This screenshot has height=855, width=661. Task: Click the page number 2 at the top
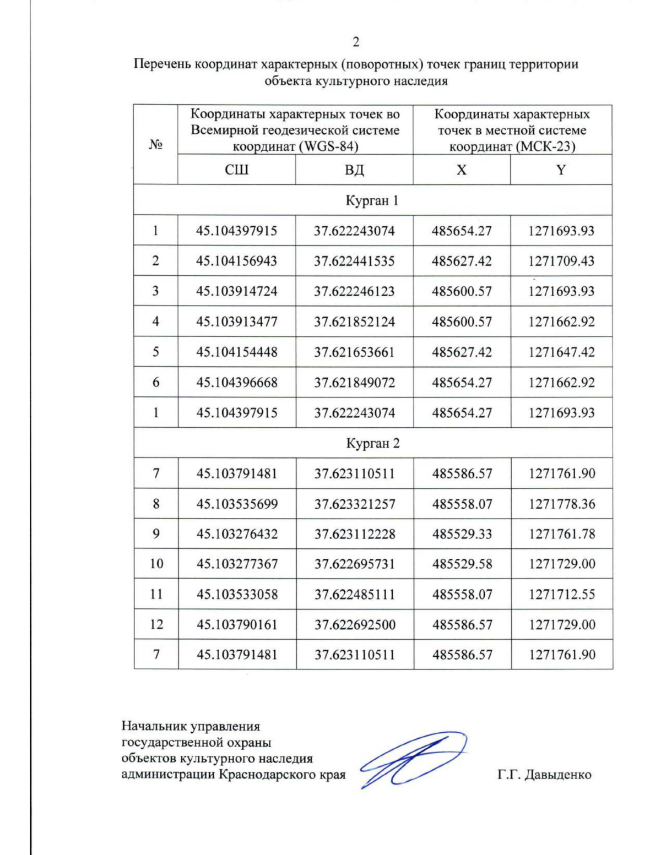tap(356, 42)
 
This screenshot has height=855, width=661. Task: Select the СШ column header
tap(237, 170)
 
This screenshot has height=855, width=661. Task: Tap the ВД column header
tap(354, 170)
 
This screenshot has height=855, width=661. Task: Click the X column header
tap(462, 170)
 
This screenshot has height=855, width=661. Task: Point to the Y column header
tap(561, 170)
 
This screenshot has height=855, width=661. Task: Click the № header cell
tap(156, 145)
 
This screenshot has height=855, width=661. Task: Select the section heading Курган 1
tap(372, 200)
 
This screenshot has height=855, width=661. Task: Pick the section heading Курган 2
tap(372, 443)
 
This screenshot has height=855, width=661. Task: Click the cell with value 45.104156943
tap(237, 261)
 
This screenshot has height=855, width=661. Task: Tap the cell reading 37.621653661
tap(354, 352)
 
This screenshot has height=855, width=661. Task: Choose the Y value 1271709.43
tap(561, 261)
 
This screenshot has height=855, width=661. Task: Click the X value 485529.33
tap(462, 534)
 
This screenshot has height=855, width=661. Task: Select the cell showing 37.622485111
tap(355, 595)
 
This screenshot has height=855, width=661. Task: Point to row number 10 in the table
tap(156, 564)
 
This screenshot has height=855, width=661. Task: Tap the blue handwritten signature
tap(413, 760)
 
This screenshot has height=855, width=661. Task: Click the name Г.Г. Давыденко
tap(544, 775)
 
